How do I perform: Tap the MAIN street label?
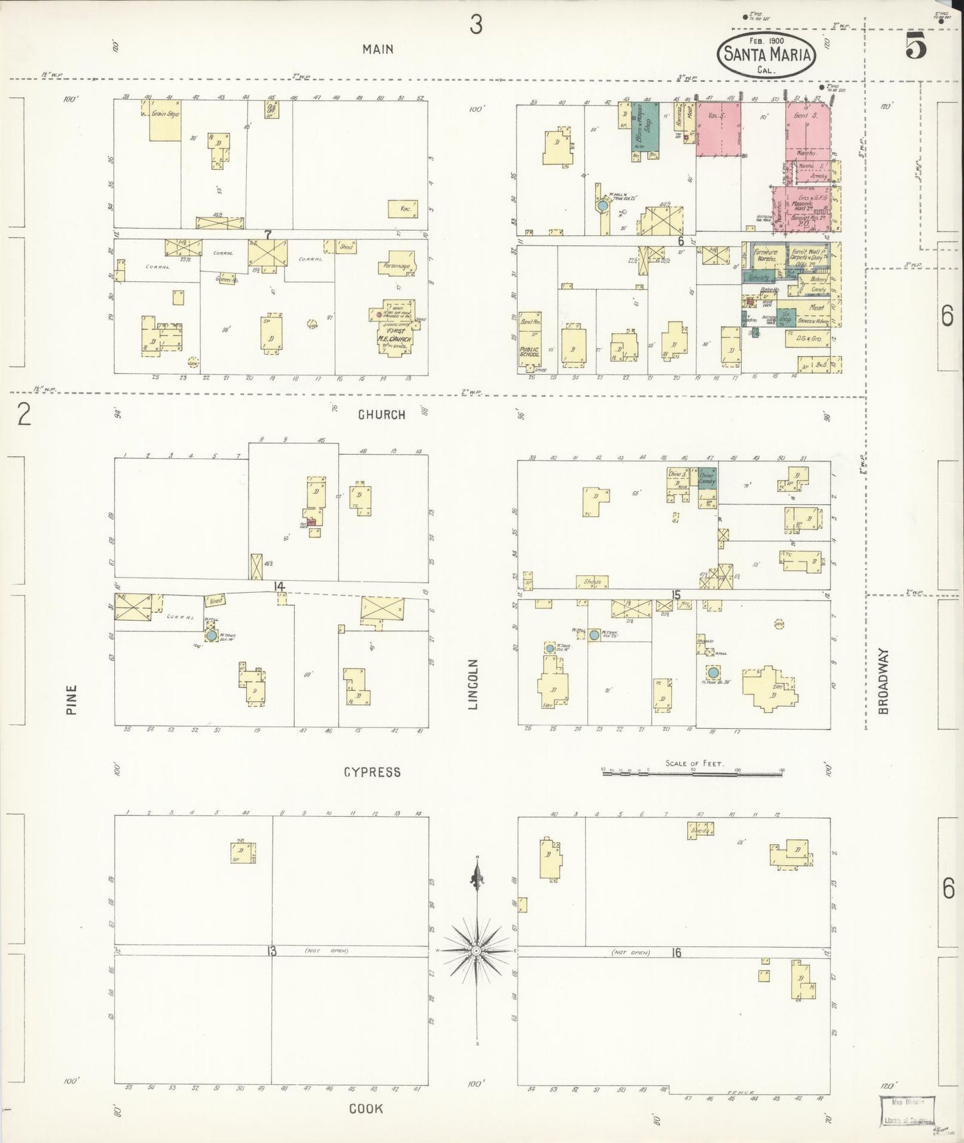pos(378,49)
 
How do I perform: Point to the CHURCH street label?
pos(382,414)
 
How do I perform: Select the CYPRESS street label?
pos(372,772)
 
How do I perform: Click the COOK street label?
pos(366,1108)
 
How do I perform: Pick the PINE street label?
pos(71,700)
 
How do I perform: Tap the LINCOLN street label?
pos(474,684)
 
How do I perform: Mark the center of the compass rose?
pos(476,950)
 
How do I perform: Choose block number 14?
pos(278,586)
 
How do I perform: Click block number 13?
pos(272,951)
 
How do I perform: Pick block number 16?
pos(676,953)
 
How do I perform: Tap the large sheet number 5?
pos(917,45)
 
